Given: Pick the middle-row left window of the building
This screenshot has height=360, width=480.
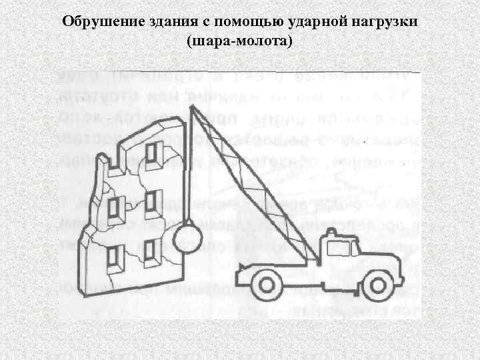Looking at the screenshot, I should pyautogui.click(x=115, y=209).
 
